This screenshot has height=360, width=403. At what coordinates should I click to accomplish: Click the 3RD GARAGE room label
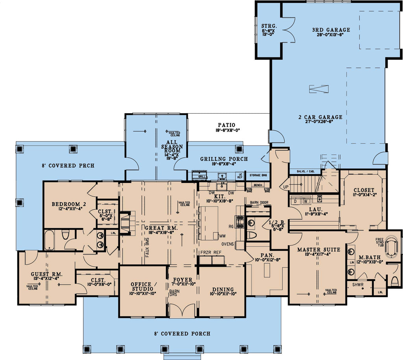click(331, 30)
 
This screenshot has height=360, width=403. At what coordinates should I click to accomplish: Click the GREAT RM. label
click(161, 228)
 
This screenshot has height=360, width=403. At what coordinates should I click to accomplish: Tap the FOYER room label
click(183, 280)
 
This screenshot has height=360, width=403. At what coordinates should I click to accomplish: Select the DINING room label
click(222, 289)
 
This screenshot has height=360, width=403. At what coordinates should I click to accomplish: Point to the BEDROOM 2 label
click(68, 204)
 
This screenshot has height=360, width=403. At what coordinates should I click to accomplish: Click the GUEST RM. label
click(46, 274)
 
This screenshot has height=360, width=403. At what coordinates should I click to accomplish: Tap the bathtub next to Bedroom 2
click(49, 240)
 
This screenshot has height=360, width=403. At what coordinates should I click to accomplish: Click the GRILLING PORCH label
click(224, 159)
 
